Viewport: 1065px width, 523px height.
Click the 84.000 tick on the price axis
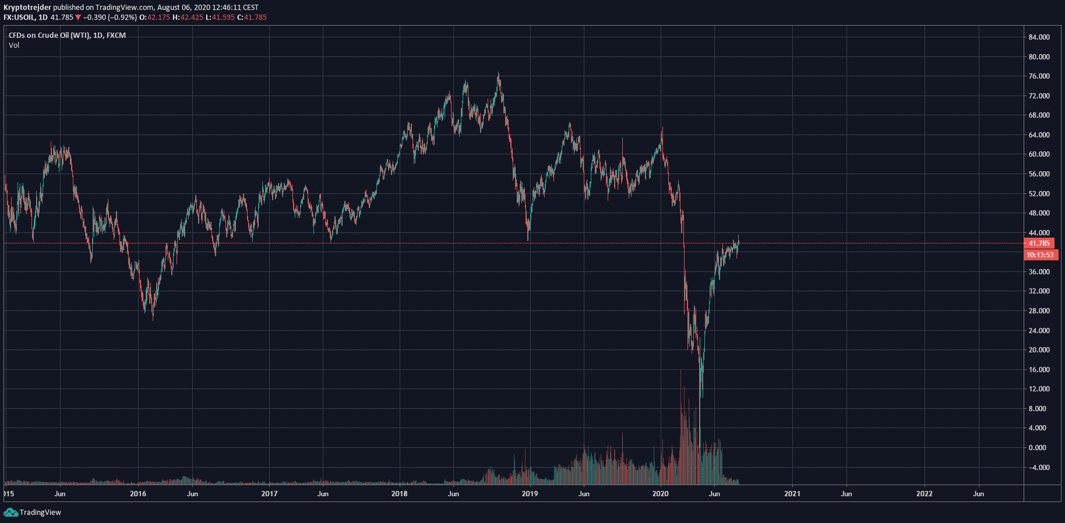[1039, 37]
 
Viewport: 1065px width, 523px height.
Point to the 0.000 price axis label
[1037, 448]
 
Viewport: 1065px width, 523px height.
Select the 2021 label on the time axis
[792, 494]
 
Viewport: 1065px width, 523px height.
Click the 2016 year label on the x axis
[138, 494]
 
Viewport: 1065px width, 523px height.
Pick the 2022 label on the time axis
[924, 494]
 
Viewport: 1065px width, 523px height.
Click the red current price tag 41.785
[1039, 243]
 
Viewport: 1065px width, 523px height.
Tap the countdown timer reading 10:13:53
[1040, 255]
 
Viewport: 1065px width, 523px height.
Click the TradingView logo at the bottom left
[33, 513]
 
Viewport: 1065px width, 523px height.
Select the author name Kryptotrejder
[27, 8]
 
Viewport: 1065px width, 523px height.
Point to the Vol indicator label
[14, 45]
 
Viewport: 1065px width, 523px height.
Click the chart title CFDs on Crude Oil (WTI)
[50, 36]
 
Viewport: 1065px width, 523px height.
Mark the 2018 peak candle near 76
[499, 75]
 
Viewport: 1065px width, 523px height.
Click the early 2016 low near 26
[153, 318]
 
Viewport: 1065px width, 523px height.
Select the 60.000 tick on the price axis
[1039, 154]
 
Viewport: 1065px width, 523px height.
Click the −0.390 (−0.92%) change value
[110, 17]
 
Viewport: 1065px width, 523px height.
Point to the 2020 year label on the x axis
[660, 494]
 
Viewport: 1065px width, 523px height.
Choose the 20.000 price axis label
[1039, 350]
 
